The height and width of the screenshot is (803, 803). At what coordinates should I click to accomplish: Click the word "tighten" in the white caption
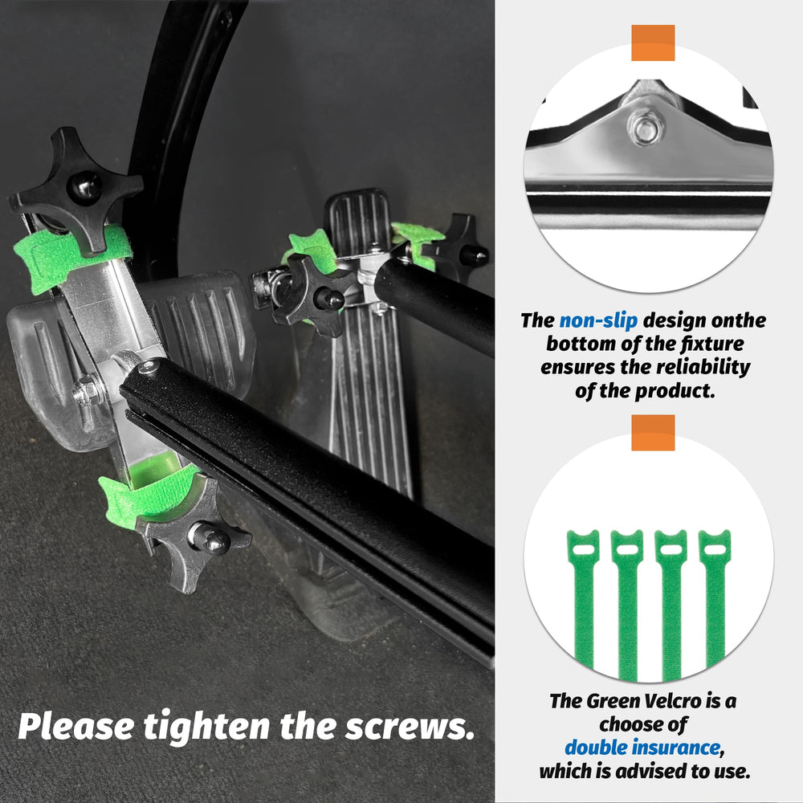click(207, 726)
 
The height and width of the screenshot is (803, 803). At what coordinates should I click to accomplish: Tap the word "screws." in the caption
click(410, 727)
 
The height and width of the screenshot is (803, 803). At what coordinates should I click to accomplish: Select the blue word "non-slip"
click(598, 320)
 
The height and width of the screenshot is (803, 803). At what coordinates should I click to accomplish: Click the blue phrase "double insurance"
click(642, 747)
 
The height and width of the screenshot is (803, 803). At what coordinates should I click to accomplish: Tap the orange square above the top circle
click(653, 43)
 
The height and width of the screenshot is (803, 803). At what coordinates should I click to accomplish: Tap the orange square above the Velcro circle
click(653, 433)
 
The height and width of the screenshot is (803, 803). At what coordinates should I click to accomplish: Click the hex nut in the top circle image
click(646, 127)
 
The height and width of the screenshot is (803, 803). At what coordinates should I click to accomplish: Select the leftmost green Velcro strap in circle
click(583, 599)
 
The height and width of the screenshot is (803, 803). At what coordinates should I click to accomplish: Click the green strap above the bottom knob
click(149, 494)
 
